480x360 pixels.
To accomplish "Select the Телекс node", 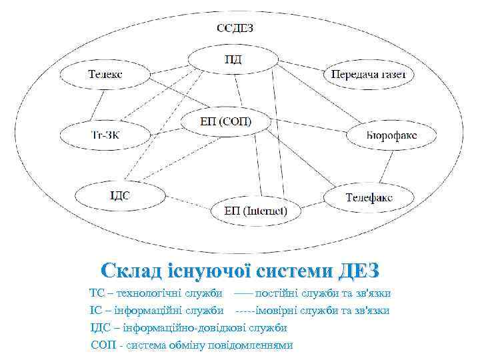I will (x=105, y=74).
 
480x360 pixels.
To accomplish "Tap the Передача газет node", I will (x=369, y=74).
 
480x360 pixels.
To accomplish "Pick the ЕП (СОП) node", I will (x=226, y=121).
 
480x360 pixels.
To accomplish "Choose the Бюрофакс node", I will (x=391, y=135).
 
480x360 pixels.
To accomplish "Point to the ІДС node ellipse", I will (x=120, y=195).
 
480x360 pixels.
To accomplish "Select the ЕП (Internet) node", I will (x=256, y=211).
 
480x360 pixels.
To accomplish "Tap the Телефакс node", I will (x=369, y=197).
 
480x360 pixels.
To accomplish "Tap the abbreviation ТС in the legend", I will (x=97, y=293).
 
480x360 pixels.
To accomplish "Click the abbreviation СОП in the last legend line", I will (x=102, y=345).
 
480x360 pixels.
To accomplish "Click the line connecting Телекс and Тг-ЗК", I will (x=99, y=105).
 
